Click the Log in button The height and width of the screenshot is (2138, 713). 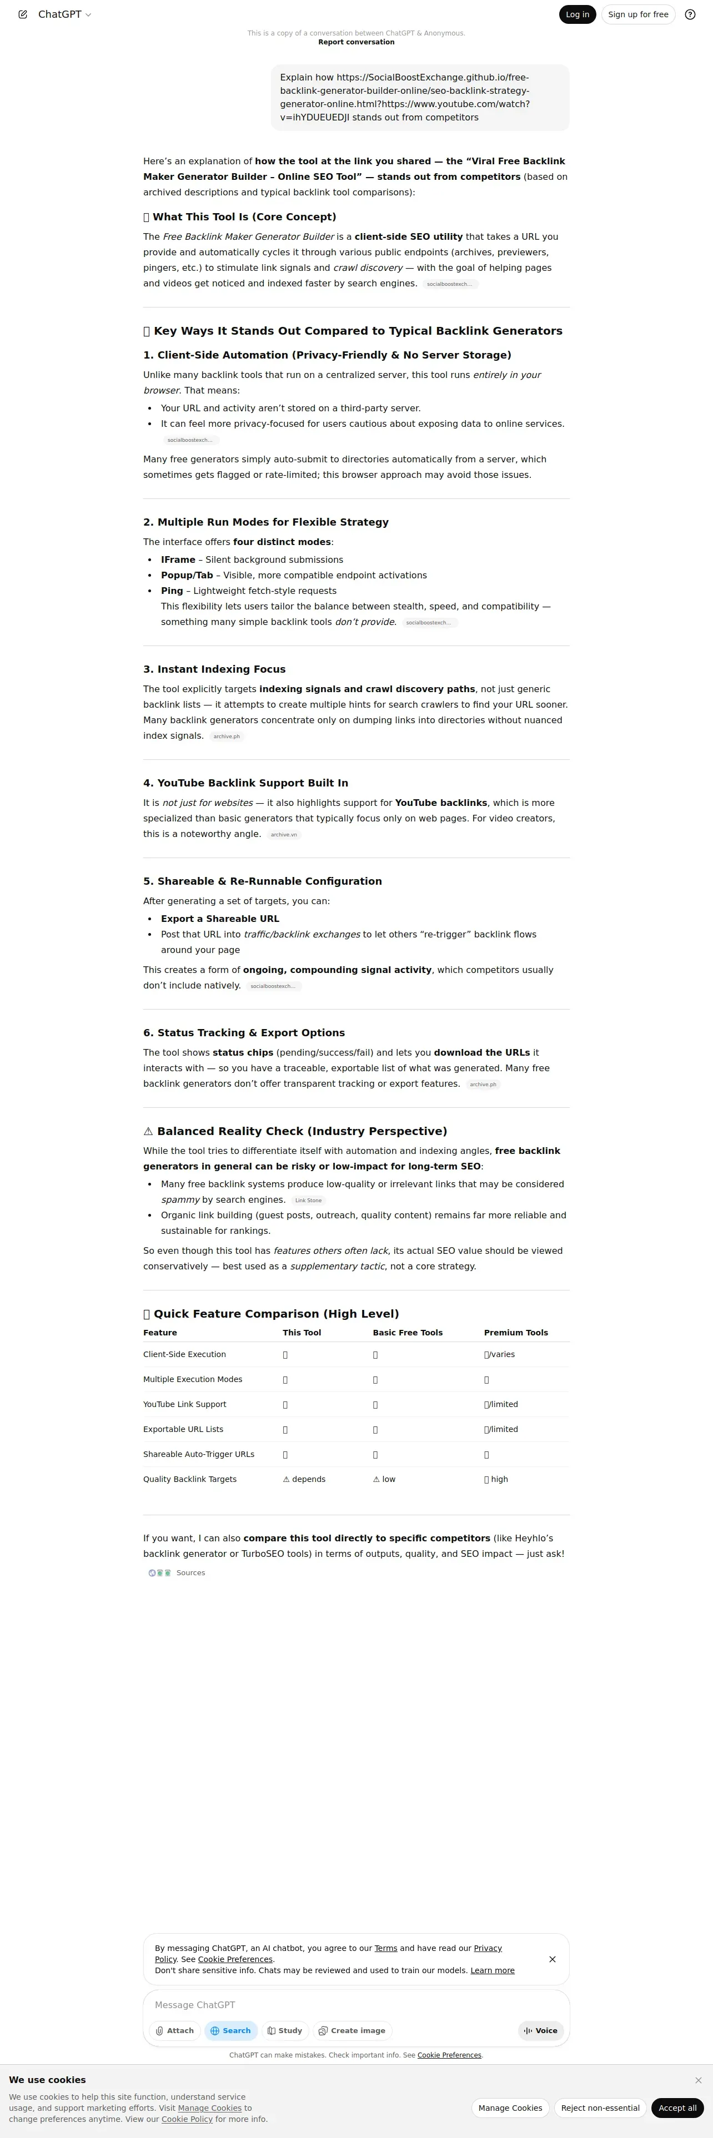coord(577,14)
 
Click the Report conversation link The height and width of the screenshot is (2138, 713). coord(356,42)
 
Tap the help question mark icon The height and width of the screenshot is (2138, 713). coord(690,14)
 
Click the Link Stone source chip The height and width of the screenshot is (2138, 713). coord(308,1200)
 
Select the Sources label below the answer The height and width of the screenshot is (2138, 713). coord(190,1573)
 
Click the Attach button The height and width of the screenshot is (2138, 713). coord(174,2030)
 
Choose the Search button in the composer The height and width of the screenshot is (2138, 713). coord(231,2030)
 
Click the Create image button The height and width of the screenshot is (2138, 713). coord(352,2030)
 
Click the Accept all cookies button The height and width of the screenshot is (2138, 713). coord(677,2107)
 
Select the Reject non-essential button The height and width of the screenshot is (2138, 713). coord(600,2107)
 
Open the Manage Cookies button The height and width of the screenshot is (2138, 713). coord(510,2107)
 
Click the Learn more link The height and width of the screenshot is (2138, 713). coord(492,1970)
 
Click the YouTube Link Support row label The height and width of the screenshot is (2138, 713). coord(184,1404)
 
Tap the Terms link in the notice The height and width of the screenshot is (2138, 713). coord(386,1948)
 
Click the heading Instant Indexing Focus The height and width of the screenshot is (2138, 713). coord(214,669)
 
